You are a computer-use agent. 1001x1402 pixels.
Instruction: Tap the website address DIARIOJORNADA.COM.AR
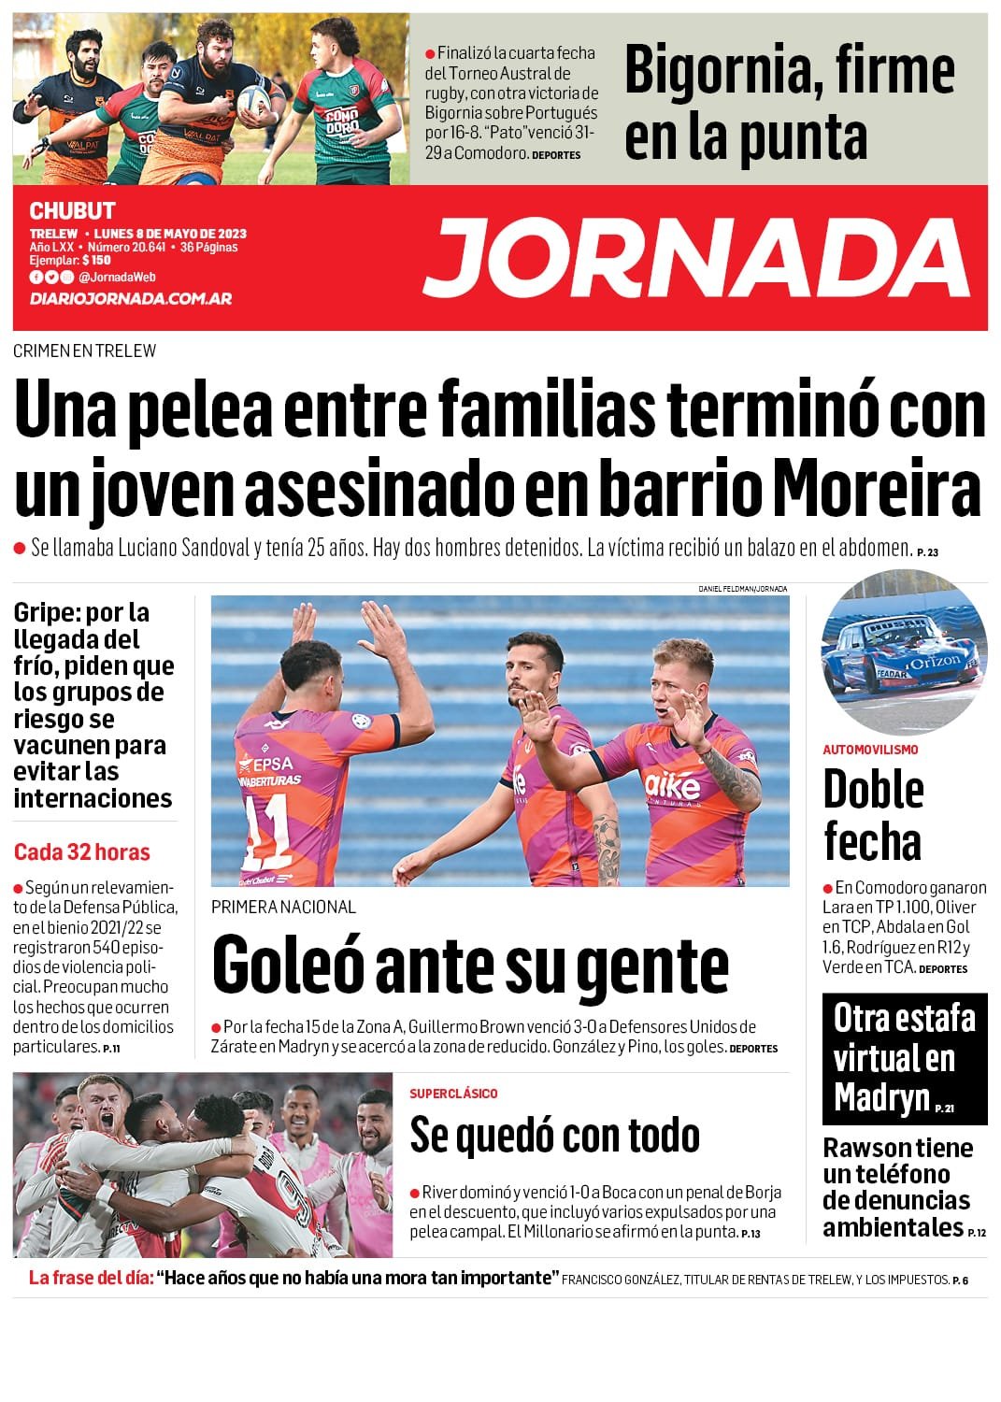pyautogui.click(x=130, y=299)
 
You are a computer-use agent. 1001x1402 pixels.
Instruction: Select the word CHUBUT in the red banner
pyautogui.click(x=72, y=211)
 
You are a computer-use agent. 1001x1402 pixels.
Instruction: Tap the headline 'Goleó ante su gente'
pyautogui.click(x=470, y=965)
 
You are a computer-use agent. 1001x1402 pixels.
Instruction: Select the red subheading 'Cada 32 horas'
pyautogui.click(x=81, y=851)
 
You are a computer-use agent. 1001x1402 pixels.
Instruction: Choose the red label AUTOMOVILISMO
pyautogui.click(x=870, y=750)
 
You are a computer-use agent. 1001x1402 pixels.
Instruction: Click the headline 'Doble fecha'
pyautogui.click(x=873, y=815)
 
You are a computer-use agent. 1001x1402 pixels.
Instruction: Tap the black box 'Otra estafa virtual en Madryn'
pyautogui.click(x=904, y=1058)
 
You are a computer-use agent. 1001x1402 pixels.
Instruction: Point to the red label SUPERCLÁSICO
pyautogui.click(x=453, y=1094)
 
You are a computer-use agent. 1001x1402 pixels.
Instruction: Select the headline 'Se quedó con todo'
pyautogui.click(x=554, y=1135)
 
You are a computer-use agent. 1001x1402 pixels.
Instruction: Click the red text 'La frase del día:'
pyautogui.click(x=91, y=1279)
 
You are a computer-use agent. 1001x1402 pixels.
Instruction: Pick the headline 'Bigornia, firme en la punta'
pyautogui.click(x=790, y=103)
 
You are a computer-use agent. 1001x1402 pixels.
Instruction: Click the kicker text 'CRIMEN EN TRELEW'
pyautogui.click(x=85, y=351)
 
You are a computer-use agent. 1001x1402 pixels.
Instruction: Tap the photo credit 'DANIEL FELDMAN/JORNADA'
pyautogui.click(x=742, y=589)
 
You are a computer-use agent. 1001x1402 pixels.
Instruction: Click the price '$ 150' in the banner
pyautogui.click(x=96, y=261)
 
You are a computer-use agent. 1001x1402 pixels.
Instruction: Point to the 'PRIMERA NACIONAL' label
pyautogui.click(x=283, y=907)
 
